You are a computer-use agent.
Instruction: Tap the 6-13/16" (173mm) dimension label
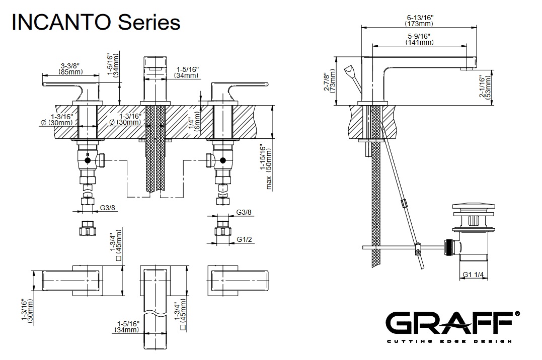(x=419, y=20)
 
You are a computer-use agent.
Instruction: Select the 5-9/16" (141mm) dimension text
(x=419, y=39)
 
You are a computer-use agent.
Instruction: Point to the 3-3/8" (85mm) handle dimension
(x=70, y=69)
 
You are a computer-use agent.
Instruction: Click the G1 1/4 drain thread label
(x=473, y=275)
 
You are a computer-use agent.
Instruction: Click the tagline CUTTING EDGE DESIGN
(x=452, y=341)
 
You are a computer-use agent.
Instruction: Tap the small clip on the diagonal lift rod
(x=403, y=204)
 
